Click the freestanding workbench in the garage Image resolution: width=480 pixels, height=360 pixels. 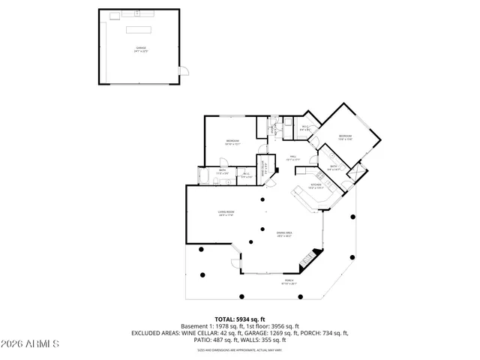(x=139, y=30)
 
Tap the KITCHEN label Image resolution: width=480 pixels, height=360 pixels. (x=316, y=184)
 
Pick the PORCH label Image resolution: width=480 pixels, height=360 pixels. (x=289, y=283)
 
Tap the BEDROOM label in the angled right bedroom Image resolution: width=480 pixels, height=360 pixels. (x=345, y=136)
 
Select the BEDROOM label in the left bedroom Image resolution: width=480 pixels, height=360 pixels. (x=232, y=142)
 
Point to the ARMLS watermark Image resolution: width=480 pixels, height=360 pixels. (x=30, y=344)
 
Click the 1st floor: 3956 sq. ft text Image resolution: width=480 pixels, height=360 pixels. (x=266, y=326)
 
